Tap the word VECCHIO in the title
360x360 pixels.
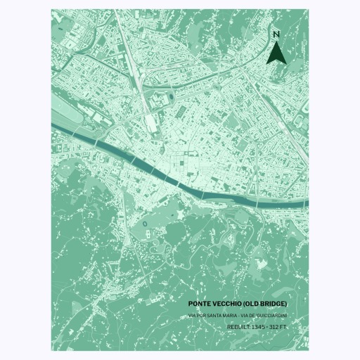(229, 304)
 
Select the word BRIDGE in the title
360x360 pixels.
(273, 304)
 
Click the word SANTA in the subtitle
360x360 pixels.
(217, 315)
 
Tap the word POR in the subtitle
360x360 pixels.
(204, 315)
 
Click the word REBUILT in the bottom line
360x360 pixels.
(239, 327)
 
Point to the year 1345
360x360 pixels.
(259, 327)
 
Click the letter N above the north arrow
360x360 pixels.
(276, 34)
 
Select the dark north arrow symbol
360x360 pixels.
(276, 53)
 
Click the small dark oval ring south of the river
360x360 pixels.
(144, 224)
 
